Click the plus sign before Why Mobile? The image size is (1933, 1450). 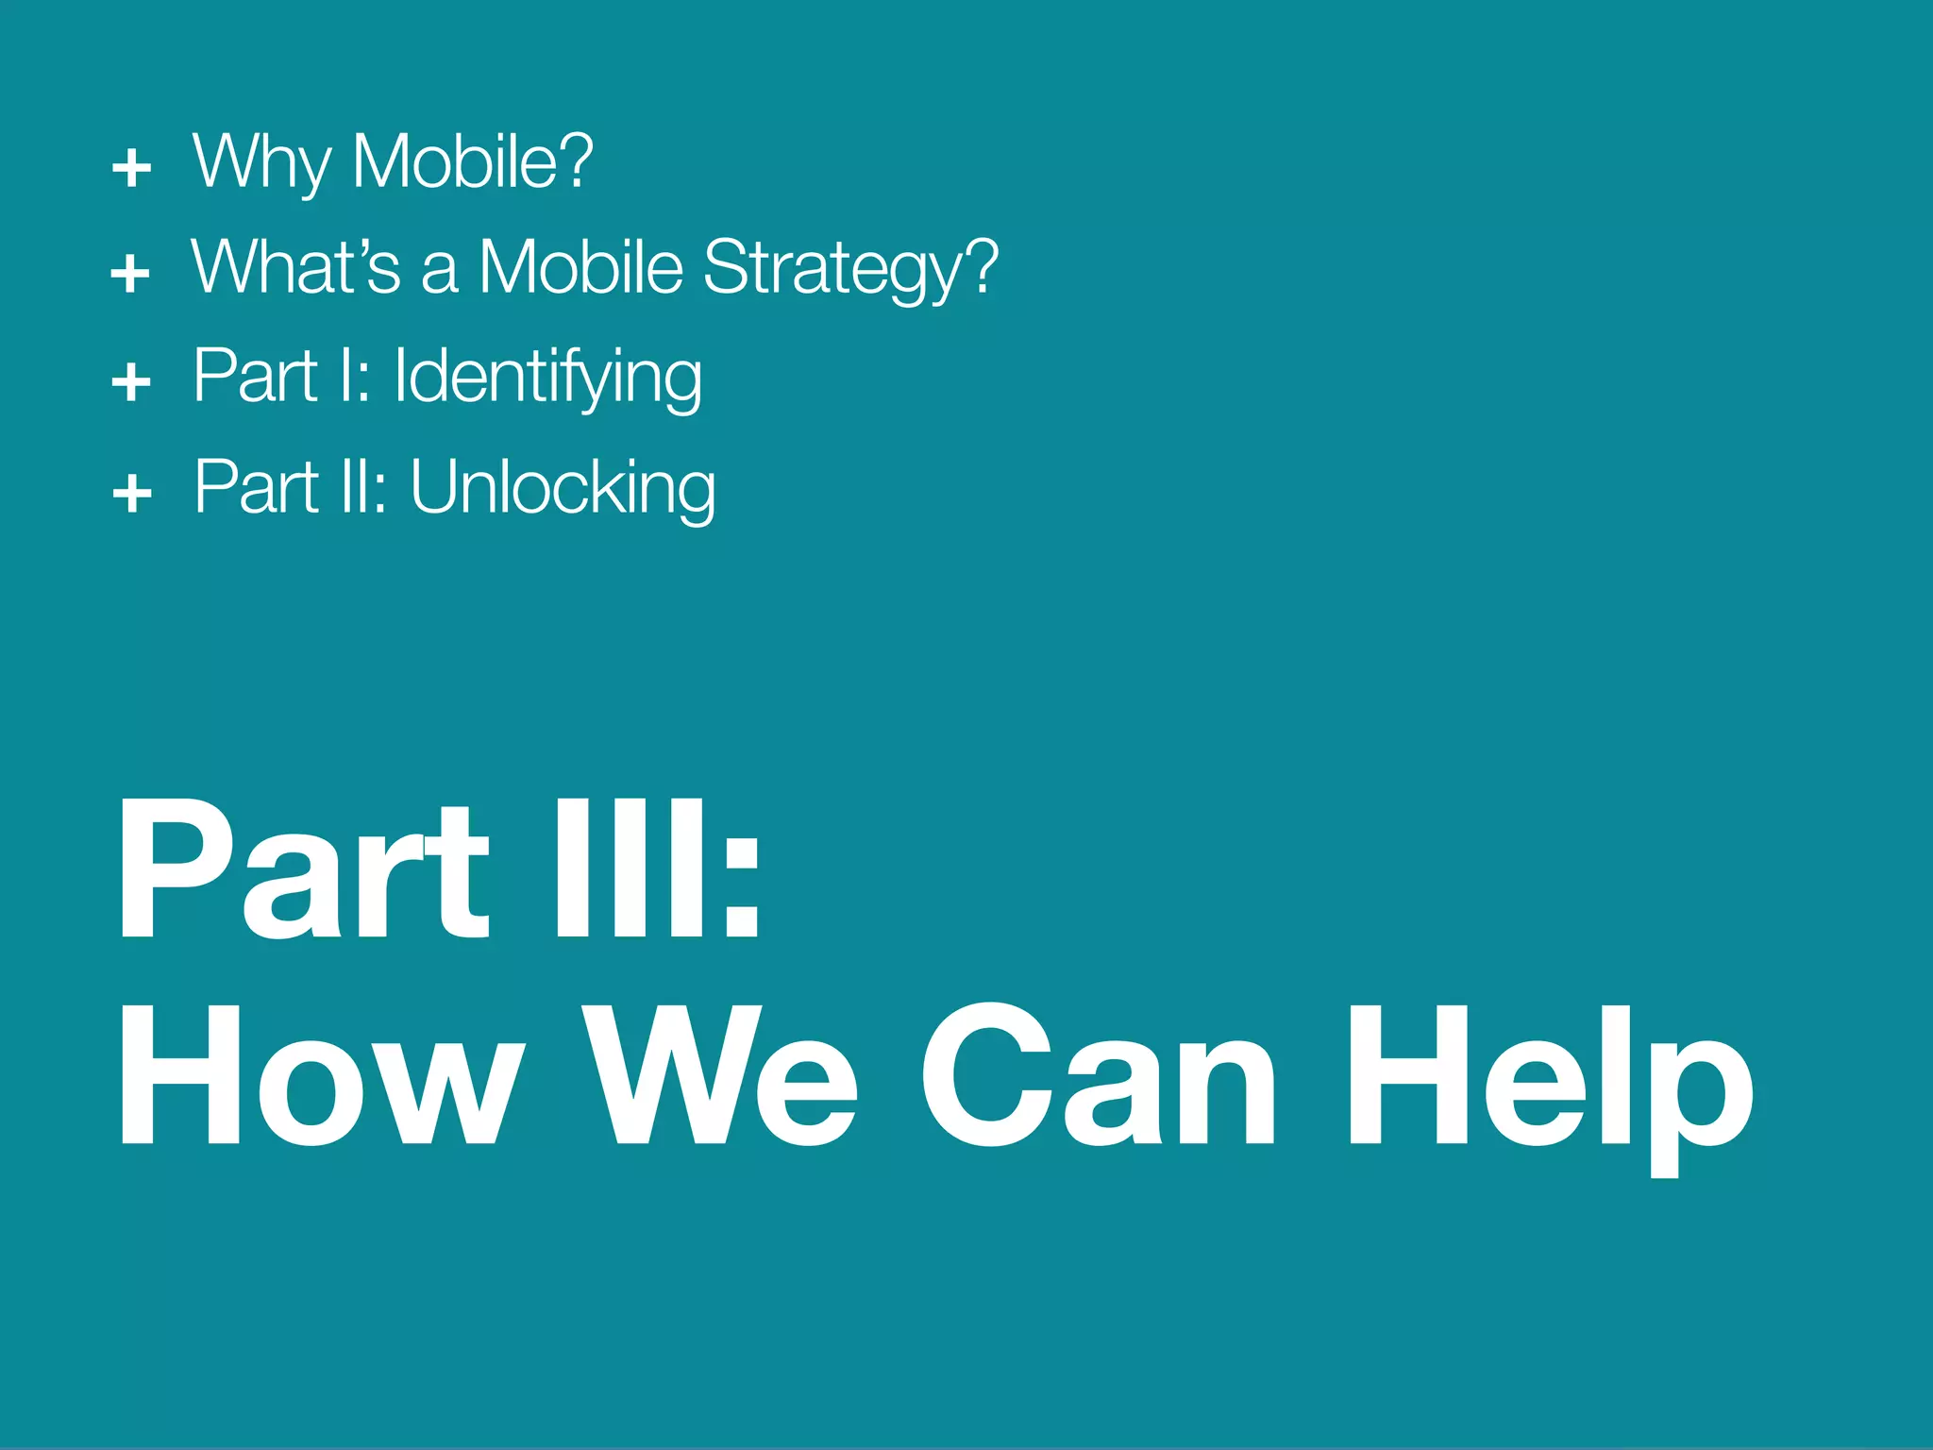(131, 168)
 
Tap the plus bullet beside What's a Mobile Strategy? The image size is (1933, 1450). (130, 274)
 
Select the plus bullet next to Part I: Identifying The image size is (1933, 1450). (131, 382)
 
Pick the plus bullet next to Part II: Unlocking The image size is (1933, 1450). (132, 493)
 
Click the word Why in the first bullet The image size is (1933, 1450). (261, 162)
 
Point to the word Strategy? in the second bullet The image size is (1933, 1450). (850, 269)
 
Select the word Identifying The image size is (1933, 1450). (547, 378)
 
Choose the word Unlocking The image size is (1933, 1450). (563, 488)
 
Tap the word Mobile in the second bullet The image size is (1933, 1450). (580, 267)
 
